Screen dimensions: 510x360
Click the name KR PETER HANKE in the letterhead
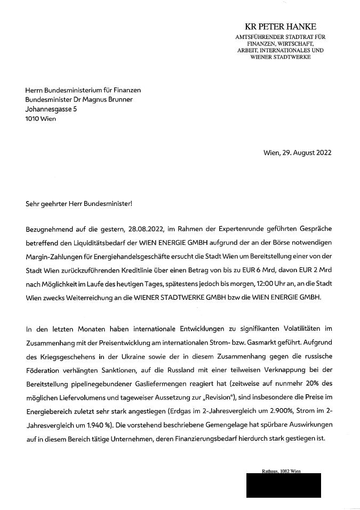280,27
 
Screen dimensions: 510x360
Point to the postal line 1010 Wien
41,119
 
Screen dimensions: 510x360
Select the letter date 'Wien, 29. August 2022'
297,153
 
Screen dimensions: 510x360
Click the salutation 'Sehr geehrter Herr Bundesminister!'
78,204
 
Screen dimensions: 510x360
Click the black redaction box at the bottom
284,485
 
